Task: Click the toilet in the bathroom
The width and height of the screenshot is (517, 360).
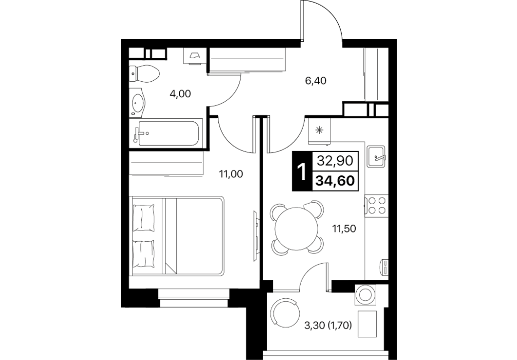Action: tap(144, 74)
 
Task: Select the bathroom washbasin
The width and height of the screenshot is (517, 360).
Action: tap(137, 103)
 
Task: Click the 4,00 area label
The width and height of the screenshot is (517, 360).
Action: tap(180, 94)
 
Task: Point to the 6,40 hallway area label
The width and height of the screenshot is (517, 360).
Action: tap(316, 81)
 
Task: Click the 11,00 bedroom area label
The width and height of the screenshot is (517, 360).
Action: tap(231, 174)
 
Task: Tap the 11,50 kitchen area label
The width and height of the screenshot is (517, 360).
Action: tap(344, 228)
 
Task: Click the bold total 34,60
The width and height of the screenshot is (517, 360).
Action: tap(335, 181)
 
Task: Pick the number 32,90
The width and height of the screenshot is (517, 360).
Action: tap(335, 160)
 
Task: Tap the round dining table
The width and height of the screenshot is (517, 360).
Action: tap(297, 228)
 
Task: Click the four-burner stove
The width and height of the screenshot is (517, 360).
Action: tap(377, 205)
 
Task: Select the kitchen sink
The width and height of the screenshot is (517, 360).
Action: tap(377, 156)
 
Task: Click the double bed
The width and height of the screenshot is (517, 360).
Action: tap(178, 236)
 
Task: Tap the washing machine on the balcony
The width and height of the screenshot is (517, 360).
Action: tap(366, 294)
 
